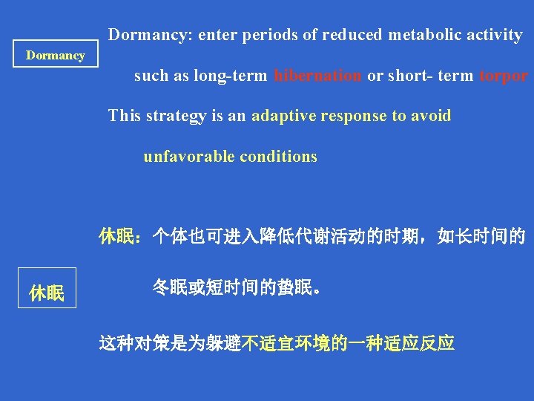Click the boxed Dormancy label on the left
click(56, 56)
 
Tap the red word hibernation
click(317, 76)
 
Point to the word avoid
click(430, 116)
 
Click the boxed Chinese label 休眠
click(47, 293)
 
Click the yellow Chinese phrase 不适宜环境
click(285, 343)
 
